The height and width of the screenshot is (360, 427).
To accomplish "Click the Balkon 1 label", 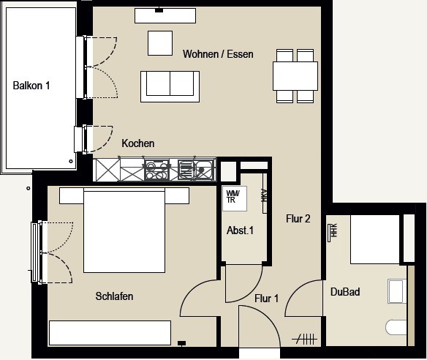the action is pyautogui.click(x=31, y=86).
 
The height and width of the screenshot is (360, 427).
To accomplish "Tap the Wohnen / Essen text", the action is pyautogui.click(x=218, y=54).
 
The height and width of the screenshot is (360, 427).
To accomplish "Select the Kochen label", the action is pyautogui.click(x=138, y=143).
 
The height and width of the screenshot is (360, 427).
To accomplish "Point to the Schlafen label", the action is pyautogui.click(x=114, y=296).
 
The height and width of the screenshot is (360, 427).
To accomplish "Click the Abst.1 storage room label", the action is pyautogui.click(x=240, y=230).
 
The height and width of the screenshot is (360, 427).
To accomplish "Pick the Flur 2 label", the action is pyautogui.click(x=298, y=219).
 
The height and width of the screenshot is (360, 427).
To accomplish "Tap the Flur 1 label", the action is pyautogui.click(x=267, y=299).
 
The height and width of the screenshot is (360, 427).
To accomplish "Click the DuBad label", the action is pyautogui.click(x=345, y=292).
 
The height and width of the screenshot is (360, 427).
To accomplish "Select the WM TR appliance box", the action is pyautogui.click(x=235, y=198).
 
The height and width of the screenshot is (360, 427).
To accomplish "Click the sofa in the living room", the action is pyautogui.click(x=170, y=86).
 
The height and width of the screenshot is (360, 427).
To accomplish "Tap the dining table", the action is pyautogui.click(x=295, y=76).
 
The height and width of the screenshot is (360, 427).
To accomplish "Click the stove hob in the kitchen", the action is pyautogui.click(x=156, y=170).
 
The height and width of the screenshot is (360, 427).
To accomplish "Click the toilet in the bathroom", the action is pyautogui.click(x=396, y=327).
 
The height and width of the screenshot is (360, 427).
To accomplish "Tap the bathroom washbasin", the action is pyautogui.click(x=397, y=291).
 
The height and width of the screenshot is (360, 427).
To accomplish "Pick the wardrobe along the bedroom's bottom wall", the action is pyautogui.click(x=110, y=333).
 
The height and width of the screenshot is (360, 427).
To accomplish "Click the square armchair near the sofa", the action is pyautogui.click(x=160, y=43).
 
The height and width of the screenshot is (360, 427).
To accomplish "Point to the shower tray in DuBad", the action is pyautogui.click(x=374, y=239).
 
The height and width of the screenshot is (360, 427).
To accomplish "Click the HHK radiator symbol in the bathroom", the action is pyautogui.click(x=333, y=232).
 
